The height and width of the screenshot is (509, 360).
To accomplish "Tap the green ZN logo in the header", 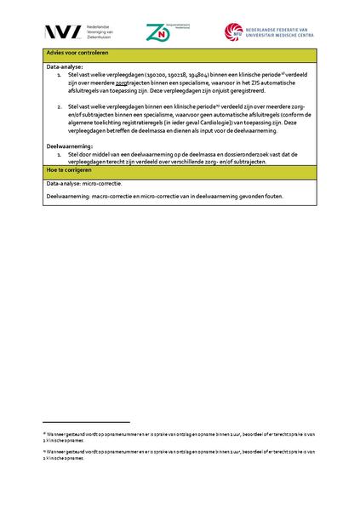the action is (157, 32).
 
